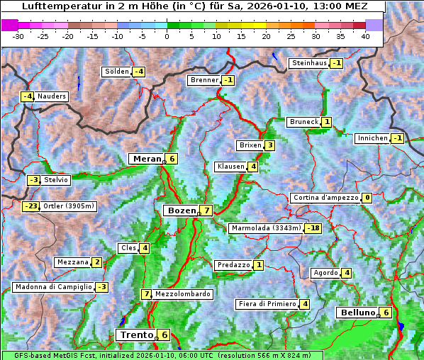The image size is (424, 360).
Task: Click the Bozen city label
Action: [x=180, y=210]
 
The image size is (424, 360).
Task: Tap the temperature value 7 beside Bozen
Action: [x=205, y=210]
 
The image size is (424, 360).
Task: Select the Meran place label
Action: [x=147, y=159]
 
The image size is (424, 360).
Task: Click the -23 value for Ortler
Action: [x=30, y=206]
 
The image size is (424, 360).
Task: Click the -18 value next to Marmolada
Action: [x=313, y=228]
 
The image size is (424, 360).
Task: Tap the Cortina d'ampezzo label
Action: [x=325, y=198]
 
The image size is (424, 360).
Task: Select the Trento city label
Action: [x=136, y=334]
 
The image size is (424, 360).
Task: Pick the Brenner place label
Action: [x=204, y=80]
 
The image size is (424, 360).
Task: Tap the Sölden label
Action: [x=117, y=72]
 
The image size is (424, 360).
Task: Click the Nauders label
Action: [x=52, y=96]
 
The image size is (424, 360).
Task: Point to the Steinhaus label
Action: [x=309, y=63]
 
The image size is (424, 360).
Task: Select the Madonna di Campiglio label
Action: [x=53, y=287]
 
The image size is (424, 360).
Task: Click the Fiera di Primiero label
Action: [x=267, y=304]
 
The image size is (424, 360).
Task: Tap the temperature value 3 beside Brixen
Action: [x=269, y=145]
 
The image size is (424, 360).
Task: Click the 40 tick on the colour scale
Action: [x=365, y=36]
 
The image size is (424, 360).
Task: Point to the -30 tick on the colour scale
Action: [x=18, y=36]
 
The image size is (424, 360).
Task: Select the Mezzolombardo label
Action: [x=182, y=294]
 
